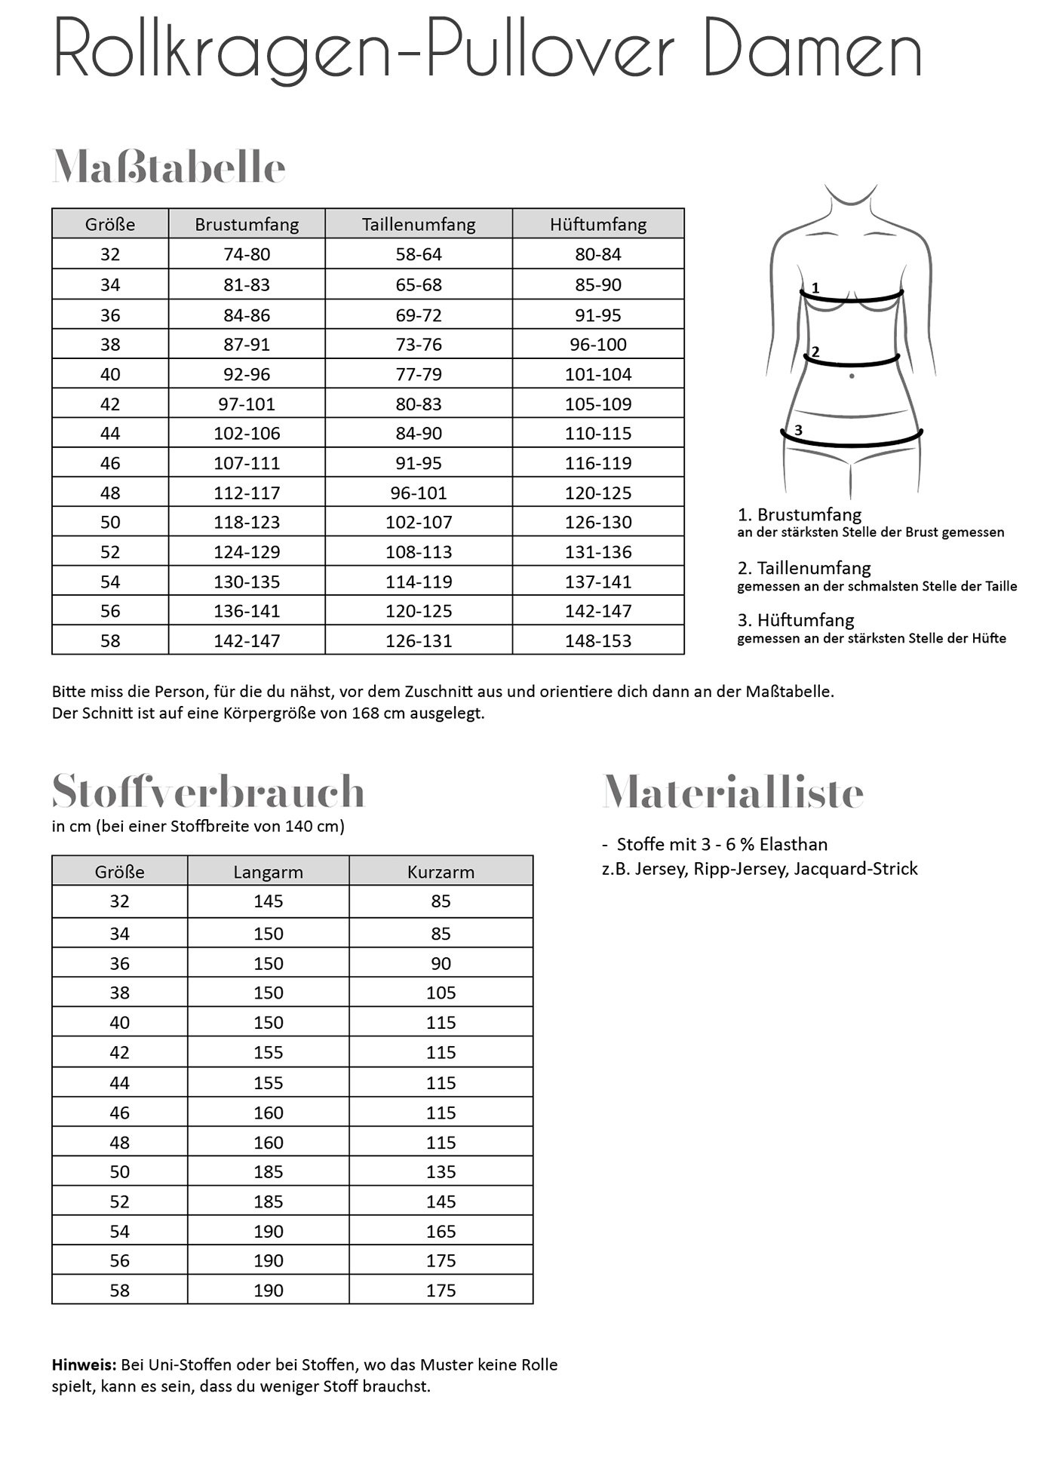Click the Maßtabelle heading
tap(169, 167)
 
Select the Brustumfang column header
tap(247, 224)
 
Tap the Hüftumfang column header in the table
tap(598, 224)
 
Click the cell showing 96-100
tap(598, 345)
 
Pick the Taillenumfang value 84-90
tap(419, 434)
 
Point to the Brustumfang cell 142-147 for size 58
tap(247, 641)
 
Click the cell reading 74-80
tap(247, 255)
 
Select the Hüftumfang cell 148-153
tap(598, 641)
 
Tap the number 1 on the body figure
tap(815, 288)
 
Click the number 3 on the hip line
tap(798, 430)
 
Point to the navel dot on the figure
tap(852, 376)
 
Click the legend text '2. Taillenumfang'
tap(804, 568)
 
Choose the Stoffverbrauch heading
tap(208, 791)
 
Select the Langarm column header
tap(268, 872)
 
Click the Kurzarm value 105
tap(441, 993)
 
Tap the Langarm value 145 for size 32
tap(268, 901)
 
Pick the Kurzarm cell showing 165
tap(441, 1232)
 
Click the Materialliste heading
tap(732, 793)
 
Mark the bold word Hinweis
tap(84, 1364)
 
